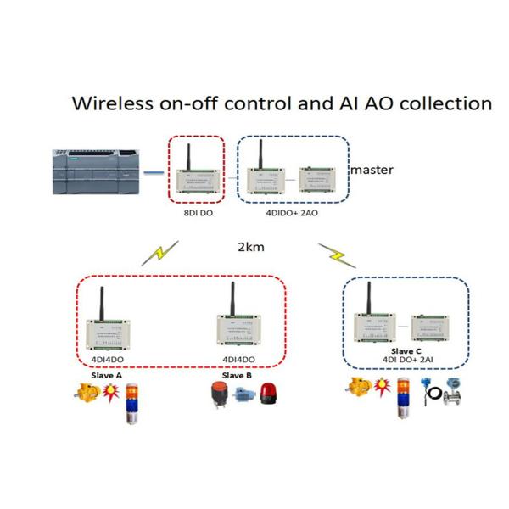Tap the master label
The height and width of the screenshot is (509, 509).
(x=372, y=170)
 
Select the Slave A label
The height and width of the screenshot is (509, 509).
(x=108, y=374)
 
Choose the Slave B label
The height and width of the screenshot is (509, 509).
(x=237, y=374)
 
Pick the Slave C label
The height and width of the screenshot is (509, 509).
(x=406, y=350)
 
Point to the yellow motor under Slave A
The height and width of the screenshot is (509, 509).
(x=87, y=392)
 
